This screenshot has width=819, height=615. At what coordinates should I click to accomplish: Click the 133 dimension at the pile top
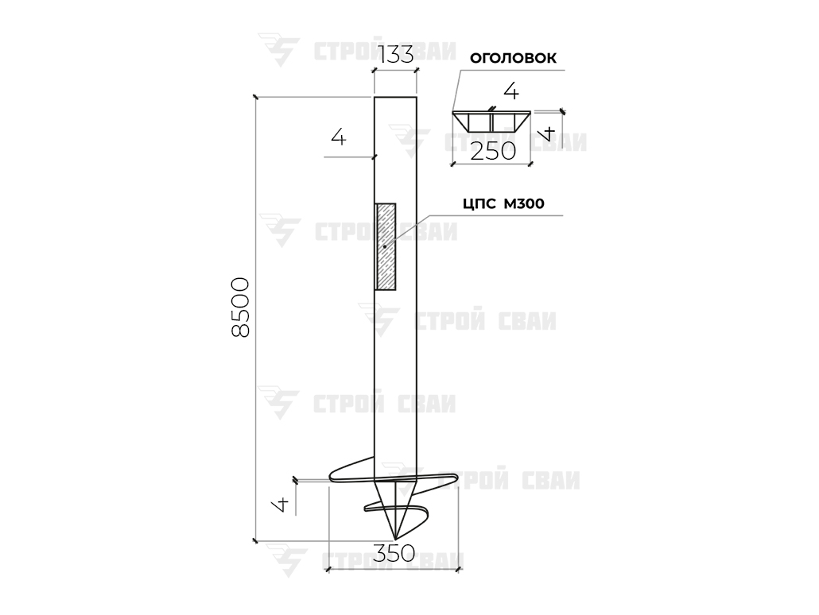click(x=395, y=54)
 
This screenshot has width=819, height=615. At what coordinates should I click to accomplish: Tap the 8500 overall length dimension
click(x=241, y=307)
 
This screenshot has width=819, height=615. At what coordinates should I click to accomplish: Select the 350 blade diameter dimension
click(x=394, y=553)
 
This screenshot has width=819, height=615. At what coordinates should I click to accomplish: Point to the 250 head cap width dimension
click(x=492, y=152)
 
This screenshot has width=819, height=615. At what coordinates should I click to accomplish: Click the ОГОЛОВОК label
click(x=513, y=58)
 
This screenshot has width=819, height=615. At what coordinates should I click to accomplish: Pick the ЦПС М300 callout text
click(x=503, y=203)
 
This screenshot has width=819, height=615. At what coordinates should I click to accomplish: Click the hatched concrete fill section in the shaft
click(x=386, y=246)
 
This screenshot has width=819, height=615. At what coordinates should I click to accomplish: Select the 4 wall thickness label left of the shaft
click(x=339, y=137)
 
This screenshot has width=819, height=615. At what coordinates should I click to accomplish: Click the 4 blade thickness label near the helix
click(x=281, y=505)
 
